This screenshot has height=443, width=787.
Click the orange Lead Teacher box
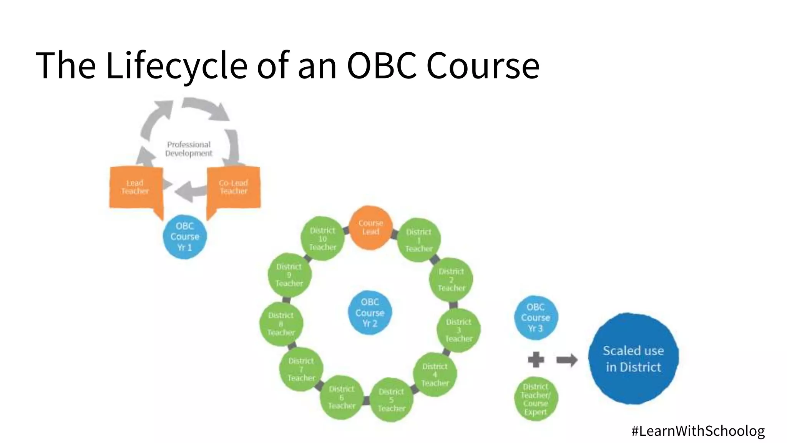[x=135, y=187]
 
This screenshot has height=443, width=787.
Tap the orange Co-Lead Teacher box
[x=234, y=187]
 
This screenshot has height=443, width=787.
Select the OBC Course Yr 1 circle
[x=185, y=236]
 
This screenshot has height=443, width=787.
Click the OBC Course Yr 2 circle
[x=370, y=313]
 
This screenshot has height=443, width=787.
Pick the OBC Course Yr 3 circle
[x=536, y=318]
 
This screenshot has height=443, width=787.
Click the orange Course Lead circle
[x=370, y=228]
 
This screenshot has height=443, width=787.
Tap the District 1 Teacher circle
[x=419, y=240]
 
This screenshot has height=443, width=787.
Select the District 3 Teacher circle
[x=459, y=330]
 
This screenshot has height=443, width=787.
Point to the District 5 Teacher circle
[x=391, y=400]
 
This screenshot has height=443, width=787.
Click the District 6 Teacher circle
[x=342, y=397]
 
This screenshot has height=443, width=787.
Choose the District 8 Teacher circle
[x=281, y=324]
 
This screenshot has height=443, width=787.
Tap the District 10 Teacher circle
[x=322, y=239]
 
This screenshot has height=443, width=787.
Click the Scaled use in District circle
[x=633, y=358]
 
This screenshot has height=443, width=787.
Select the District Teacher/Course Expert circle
[x=536, y=399]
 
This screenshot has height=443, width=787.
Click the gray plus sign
[x=536, y=360]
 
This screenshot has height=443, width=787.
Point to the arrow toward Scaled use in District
[x=567, y=360]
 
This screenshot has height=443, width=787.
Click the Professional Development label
[x=189, y=149]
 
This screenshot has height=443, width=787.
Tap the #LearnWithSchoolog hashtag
[x=698, y=431]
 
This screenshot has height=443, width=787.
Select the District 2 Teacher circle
[x=451, y=280]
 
